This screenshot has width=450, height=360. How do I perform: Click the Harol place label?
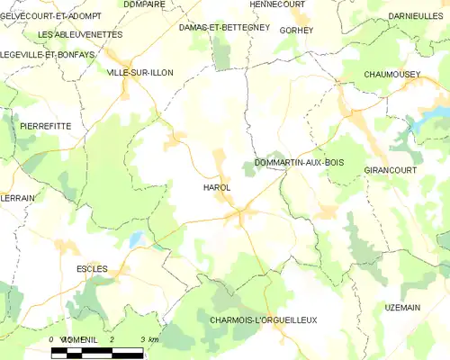(216, 187)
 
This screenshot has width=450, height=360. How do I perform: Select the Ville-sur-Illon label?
(139, 72)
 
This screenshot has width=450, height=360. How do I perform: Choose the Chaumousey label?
(393, 74)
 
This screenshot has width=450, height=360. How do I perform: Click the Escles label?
(92, 268)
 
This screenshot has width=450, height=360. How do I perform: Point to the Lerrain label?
(17, 197)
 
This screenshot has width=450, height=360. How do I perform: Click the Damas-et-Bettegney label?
(224, 28)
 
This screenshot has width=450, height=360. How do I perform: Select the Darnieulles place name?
(416, 16)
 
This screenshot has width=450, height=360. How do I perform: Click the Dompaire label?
(143, 4)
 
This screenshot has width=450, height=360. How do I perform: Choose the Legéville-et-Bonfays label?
(48, 54)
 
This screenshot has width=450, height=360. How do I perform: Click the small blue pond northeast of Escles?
(135, 239)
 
